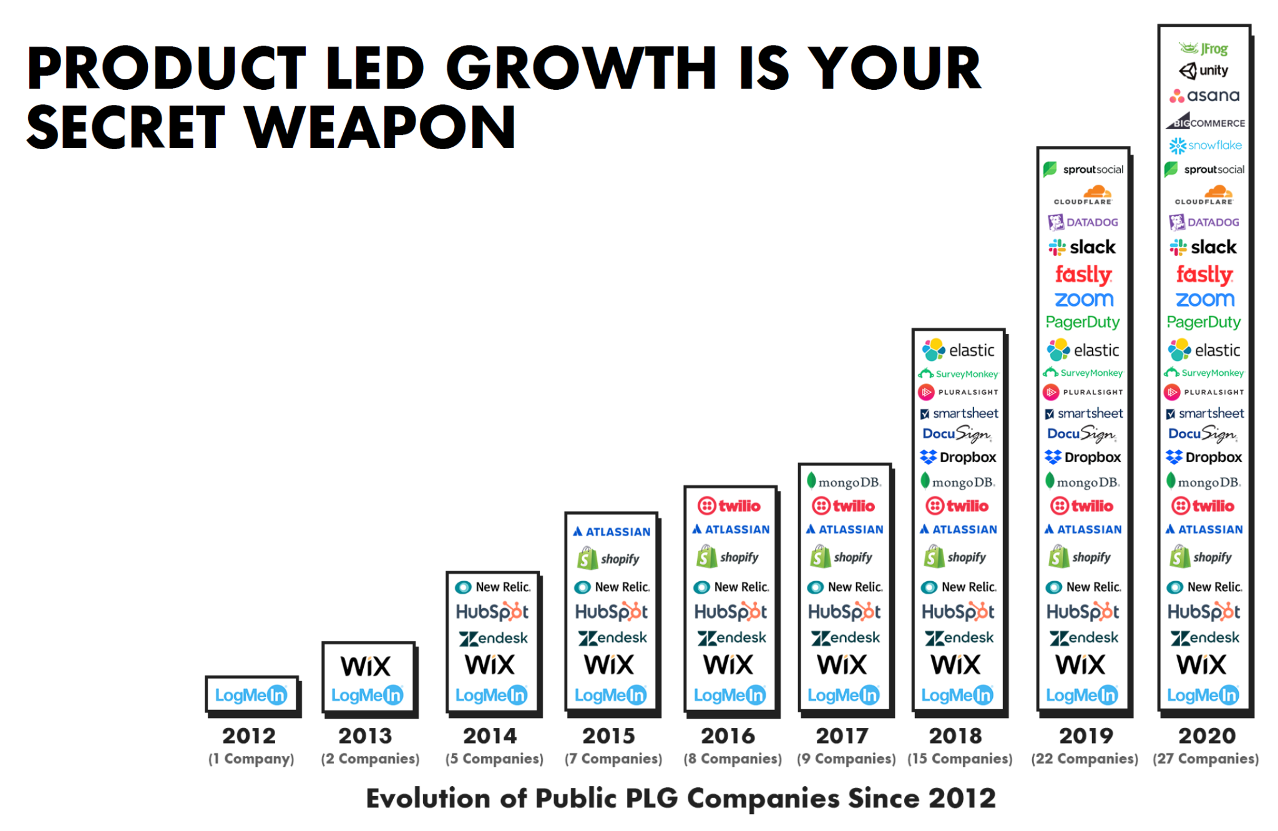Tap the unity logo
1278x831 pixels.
point(1204,71)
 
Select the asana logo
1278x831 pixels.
point(1204,96)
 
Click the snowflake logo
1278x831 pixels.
point(1205,145)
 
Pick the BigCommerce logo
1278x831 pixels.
point(1205,121)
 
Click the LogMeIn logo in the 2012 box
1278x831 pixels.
point(251,695)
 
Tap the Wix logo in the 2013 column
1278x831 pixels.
point(366,666)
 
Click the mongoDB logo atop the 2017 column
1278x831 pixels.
point(844,482)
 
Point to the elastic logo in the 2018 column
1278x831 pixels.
point(958,350)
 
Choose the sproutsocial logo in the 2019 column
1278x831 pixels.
point(1083,169)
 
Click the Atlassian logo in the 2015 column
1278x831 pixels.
point(612,532)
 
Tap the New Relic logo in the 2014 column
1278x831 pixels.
point(492,587)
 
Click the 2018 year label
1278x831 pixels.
point(955,735)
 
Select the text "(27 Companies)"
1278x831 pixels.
point(1206,759)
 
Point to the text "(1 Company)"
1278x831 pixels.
point(251,759)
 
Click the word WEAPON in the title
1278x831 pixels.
point(380,127)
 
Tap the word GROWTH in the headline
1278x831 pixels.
point(581,68)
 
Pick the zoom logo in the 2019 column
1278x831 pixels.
point(1084,300)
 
